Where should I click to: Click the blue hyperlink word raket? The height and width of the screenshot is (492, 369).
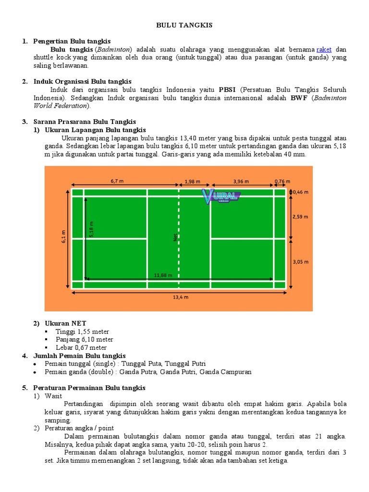pyautogui.click(x=324, y=49)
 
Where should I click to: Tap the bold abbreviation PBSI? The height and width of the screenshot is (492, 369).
pyautogui.click(x=227, y=90)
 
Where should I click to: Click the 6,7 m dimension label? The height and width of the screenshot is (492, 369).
pyautogui.click(x=117, y=181)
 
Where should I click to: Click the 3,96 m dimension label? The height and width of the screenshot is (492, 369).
pyautogui.click(x=241, y=182)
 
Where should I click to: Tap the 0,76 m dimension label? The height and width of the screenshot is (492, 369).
pyautogui.click(x=282, y=182)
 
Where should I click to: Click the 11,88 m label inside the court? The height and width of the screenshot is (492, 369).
pyautogui.click(x=163, y=275)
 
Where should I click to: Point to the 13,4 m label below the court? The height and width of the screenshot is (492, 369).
pyautogui.click(x=180, y=297)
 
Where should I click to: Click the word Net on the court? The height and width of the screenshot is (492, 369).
pyautogui.click(x=176, y=237)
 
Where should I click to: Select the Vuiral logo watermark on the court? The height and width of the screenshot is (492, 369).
pyautogui.click(x=221, y=196)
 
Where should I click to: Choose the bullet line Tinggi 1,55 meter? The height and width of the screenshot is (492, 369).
pyautogui.click(x=83, y=332)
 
